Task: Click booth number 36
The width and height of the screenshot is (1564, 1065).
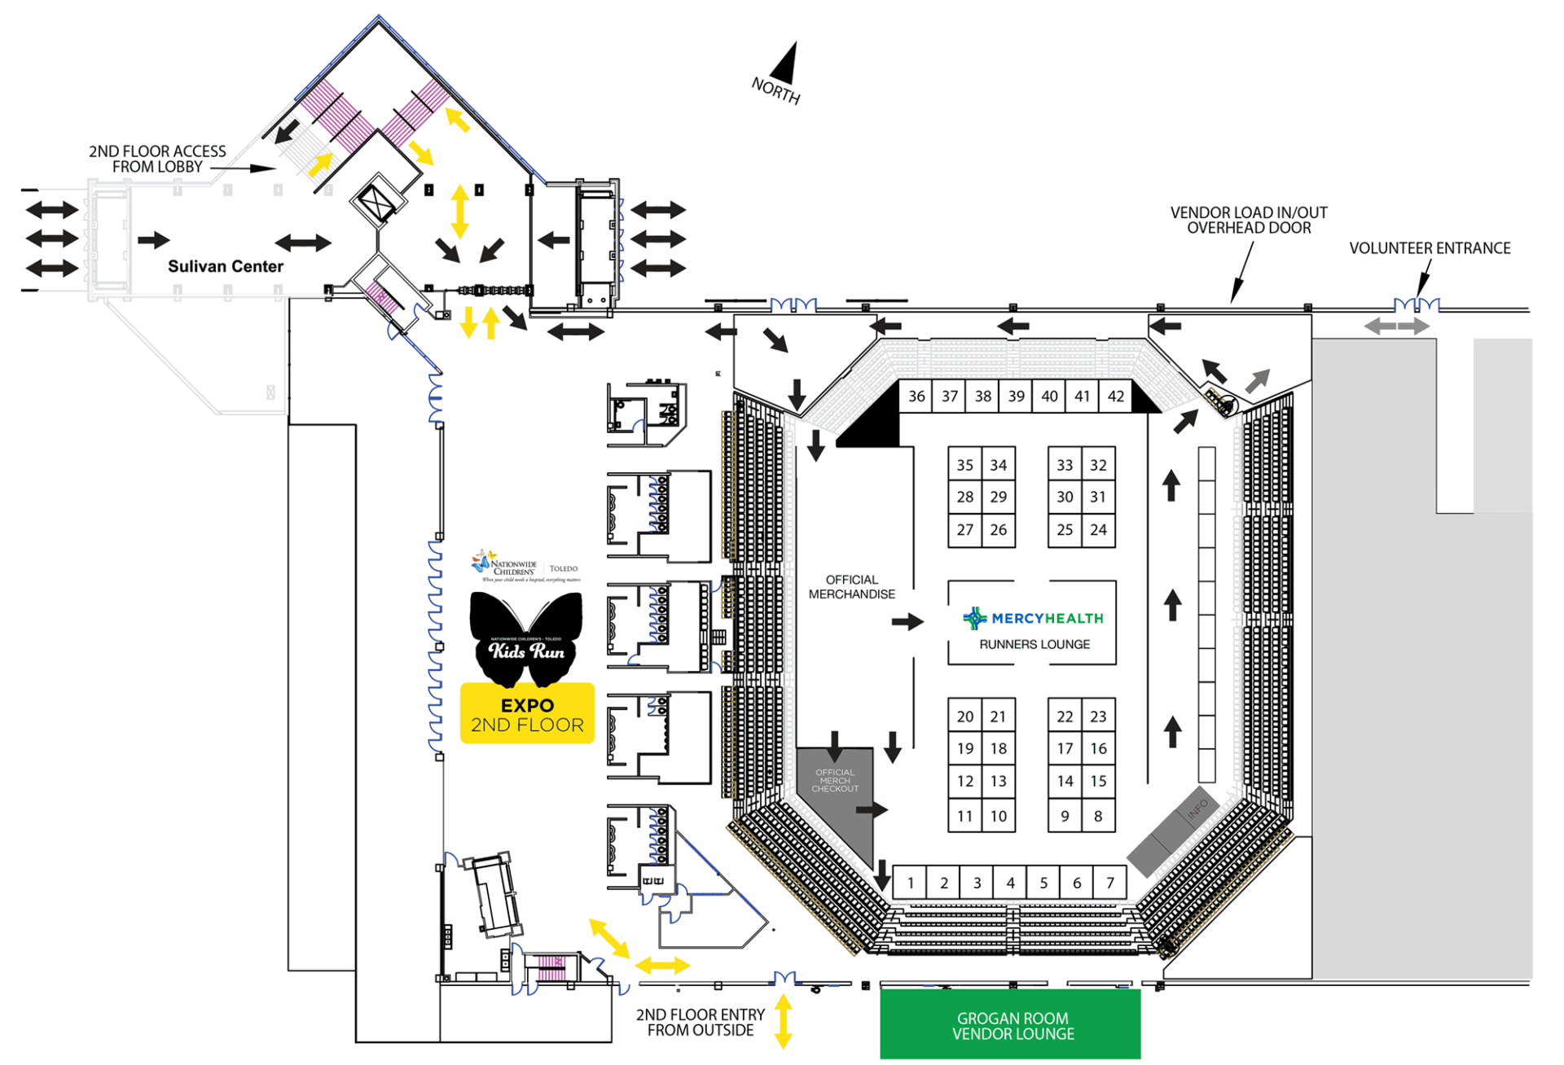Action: pos(916,397)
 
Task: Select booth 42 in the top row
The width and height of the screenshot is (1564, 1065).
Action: pos(1115,397)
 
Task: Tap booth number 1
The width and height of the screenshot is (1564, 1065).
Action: pos(910,883)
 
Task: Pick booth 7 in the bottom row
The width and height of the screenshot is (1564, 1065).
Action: pos(1109,883)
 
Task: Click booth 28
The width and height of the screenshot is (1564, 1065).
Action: pos(964,497)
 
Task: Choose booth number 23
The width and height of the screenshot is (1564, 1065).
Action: pos(1098,717)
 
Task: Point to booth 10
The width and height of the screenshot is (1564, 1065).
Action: pos(998,816)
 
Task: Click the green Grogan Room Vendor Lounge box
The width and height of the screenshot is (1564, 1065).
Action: pos(1010,1025)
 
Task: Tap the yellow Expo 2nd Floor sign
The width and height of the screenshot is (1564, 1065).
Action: pos(527,714)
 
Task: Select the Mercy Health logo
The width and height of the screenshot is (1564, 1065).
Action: pos(1034,619)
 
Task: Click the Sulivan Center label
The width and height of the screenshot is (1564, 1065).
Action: pos(226,266)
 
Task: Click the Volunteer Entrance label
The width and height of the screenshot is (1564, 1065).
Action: pos(1430,248)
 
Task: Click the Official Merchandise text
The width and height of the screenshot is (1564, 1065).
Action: pos(851,587)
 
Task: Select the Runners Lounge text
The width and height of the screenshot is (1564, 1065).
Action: pos(1035,644)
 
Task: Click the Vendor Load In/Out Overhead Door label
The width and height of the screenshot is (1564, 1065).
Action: pos(1249,220)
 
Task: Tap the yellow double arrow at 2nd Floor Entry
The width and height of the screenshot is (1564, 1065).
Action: pos(783,1021)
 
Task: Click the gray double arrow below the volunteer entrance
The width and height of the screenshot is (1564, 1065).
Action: pos(1397,327)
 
